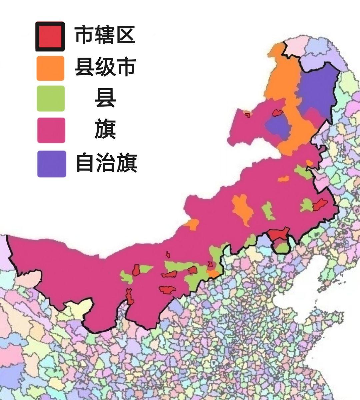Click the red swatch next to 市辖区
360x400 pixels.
click(x=50, y=36)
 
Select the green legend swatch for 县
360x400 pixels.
click(x=50, y=99)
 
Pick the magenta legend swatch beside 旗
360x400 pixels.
click(x=51, y=130)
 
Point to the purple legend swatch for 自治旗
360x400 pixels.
click(x=51, y=164)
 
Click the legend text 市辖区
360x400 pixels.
click(x=105, y=35)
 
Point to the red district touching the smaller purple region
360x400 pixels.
click(x=277, y=113)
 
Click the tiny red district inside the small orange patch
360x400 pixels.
click(x=247, y=115)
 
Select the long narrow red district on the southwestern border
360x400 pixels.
click(x=129, y=296)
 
